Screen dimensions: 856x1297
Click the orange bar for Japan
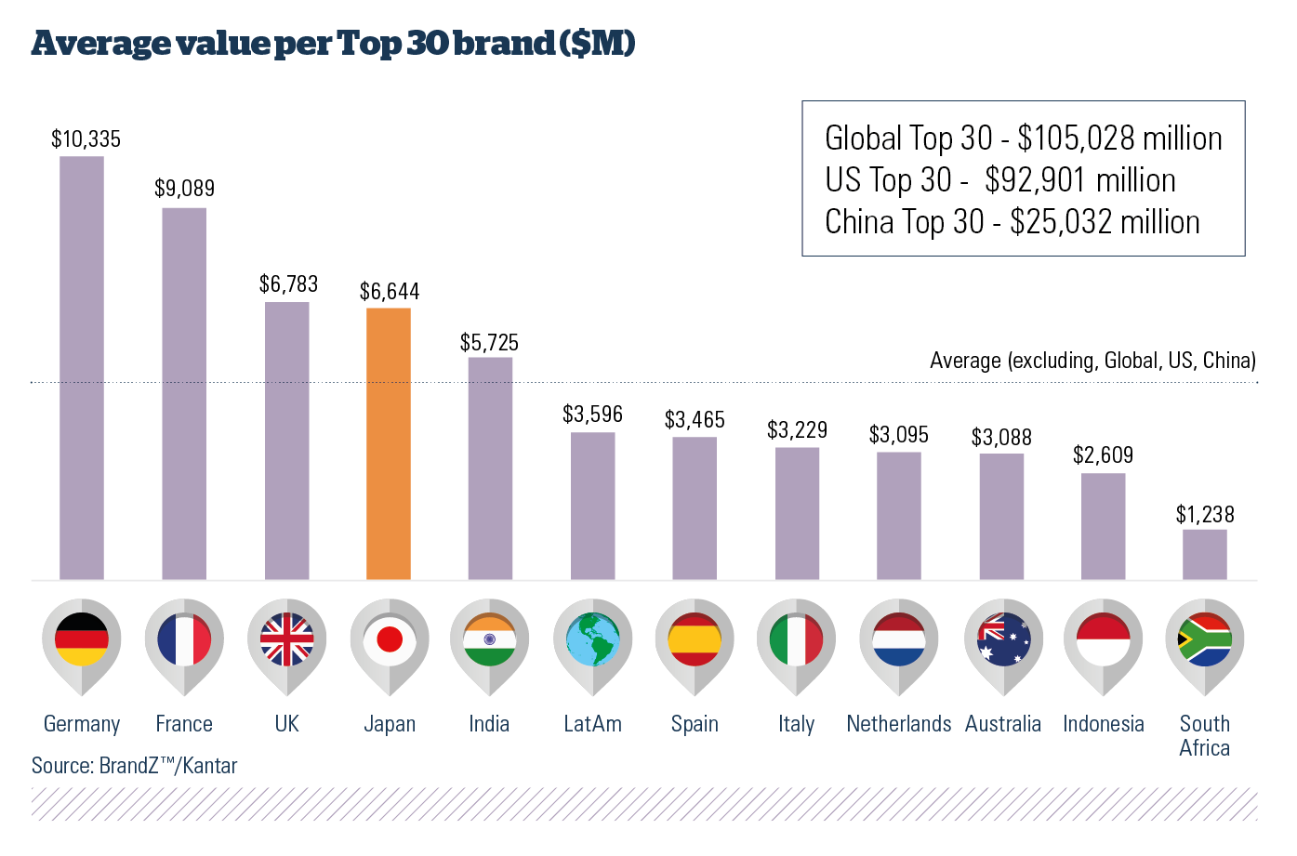click(x=389, y=443)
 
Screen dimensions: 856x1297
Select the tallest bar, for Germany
click(x=82, y=367)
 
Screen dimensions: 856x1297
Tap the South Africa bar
click(x=1204, y=554)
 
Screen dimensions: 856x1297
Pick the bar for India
click(x=490, y=468)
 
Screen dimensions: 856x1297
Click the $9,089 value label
click(x=184, y=189)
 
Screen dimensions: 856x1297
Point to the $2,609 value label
click(x=1103, y=454)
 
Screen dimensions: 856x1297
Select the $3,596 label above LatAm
click(x=592, y=414)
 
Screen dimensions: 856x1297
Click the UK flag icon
click(x=286, y=640)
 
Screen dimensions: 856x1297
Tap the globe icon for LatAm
click(x=592, y=640)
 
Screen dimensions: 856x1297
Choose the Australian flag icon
click(x=1003, y=640)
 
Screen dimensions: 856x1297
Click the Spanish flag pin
click(x=695, y=640)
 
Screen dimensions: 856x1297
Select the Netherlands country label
click(x=899, y=724)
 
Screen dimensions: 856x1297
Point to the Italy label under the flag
click(x=797, y=724)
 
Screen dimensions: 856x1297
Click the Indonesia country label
click(x=1104, y=724)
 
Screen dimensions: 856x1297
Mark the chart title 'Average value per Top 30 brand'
click(x=333, y=44)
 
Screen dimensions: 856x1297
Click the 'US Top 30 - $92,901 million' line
click(x=1000, y=180)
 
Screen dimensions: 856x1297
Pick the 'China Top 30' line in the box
click(x=1012, y=222)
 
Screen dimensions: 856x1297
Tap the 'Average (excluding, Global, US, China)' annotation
click(x=1092, y=361)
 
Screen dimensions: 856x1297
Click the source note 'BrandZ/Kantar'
click(x=135, y=766)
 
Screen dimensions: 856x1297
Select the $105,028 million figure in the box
click(x=1119, y=138)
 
